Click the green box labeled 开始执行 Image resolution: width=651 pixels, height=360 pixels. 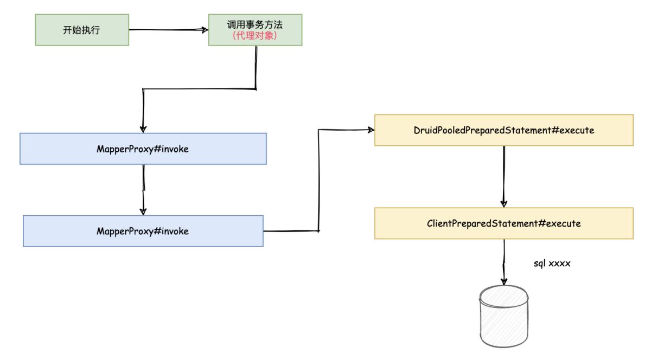82,30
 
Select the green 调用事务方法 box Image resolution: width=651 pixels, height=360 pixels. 255,30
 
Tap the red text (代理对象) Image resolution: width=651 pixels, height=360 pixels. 255,36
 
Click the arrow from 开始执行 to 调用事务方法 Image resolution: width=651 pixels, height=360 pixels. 168,30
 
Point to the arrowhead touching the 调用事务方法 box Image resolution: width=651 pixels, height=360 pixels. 205,30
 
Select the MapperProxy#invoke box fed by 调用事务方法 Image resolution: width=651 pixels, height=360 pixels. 143,149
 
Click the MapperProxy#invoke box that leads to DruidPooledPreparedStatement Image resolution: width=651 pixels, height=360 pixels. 143,231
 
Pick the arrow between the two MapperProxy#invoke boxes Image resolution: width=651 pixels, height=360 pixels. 143,190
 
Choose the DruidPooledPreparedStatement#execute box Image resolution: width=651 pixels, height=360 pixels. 504,130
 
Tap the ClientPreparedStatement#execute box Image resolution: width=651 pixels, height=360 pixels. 504,223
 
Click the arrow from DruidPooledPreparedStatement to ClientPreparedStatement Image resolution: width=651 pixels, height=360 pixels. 504,176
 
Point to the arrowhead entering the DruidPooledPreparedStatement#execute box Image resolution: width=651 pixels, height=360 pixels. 371,130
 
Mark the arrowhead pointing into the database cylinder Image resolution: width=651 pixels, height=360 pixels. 504,281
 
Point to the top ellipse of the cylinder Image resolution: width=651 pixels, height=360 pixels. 503,295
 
